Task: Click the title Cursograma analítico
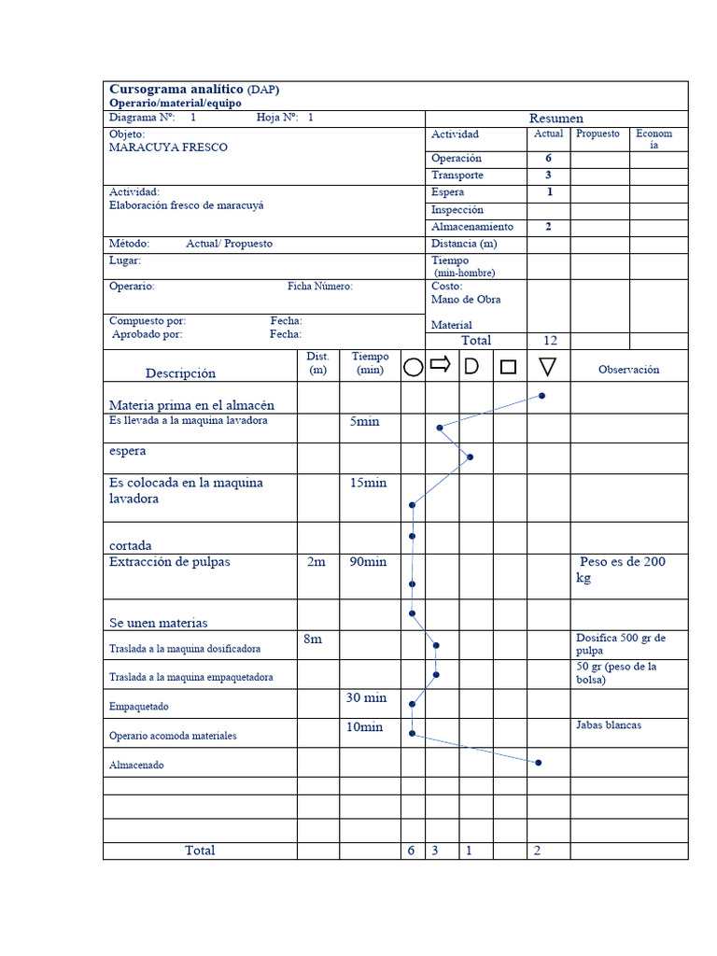coord(176,90)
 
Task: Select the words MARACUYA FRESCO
coord(168,148)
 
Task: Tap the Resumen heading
coord(556,119)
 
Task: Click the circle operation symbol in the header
coord(413,367)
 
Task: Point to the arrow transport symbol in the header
coord(441,364)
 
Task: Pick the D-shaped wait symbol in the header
coord(471,366)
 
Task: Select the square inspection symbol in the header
coord(508,367)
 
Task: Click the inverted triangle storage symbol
coord(548,368)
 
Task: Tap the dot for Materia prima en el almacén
coord(542,396)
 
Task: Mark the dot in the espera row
coord(471,457)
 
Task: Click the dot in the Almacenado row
coord(539,763)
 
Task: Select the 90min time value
coord(368,562)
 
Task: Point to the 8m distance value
coord(313,639)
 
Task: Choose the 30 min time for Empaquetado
coord(366,697)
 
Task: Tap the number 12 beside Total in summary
coord(549,341)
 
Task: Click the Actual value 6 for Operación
coord(549,159)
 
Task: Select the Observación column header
coord(628,370)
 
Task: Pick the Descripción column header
coord(180,373)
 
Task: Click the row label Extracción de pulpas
coord(169,562)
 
